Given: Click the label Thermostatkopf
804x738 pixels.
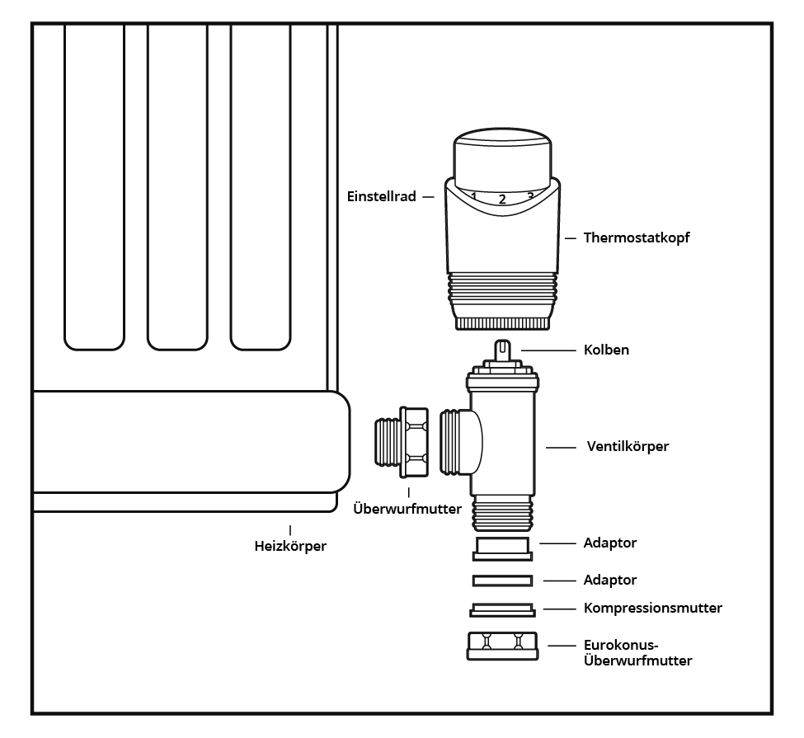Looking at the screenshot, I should pos(636,237).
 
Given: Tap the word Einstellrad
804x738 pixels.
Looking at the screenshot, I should pos(381,197).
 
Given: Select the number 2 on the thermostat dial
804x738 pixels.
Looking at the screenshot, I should pos(501,199).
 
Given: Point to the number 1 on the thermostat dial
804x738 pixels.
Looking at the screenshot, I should pos(474,195).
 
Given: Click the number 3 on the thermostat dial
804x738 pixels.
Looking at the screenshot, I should pos(529,195).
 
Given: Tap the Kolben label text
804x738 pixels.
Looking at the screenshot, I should pos(606,350).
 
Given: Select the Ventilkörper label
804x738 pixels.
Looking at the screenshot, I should pos(628,446).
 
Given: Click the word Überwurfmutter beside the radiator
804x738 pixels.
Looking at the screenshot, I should pos(407,509).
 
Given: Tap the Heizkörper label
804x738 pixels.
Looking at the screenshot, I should pos(290,545).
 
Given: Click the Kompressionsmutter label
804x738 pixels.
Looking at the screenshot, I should pos(652,608).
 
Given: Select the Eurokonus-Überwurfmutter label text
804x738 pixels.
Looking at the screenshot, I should pos(637,653).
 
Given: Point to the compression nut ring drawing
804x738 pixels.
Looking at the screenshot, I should pos(502,610).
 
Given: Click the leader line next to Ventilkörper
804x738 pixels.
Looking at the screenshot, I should pos(560,447).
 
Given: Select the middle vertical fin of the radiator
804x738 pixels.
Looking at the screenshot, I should pos(177,181).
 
